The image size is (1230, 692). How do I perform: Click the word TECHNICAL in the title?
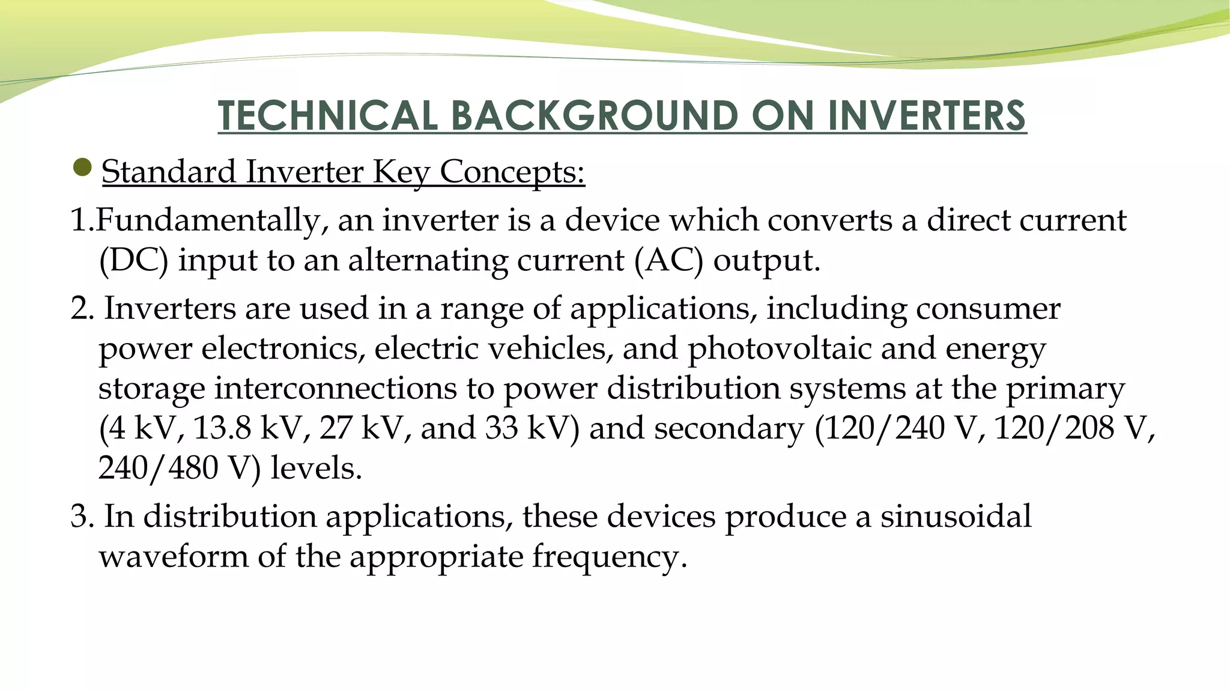327,115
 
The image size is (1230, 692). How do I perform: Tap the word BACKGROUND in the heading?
594,115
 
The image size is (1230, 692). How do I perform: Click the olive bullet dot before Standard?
81,168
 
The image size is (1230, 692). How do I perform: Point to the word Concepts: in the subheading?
512,172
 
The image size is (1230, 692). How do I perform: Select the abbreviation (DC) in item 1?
133,261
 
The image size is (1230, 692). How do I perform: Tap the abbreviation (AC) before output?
668,261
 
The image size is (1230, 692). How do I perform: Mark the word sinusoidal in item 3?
956,517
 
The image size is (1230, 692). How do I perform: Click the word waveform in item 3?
174,557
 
